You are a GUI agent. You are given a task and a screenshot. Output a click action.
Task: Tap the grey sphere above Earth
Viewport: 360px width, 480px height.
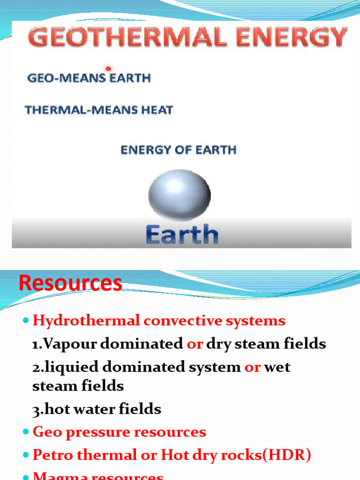pyautogui.click(x=180, y=195)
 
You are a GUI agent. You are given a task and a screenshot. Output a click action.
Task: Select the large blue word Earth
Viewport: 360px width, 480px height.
pyautogui.click(x=182, y=234)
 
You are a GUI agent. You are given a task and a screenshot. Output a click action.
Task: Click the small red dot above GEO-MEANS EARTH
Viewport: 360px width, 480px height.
pyautogui.click(x=109, y=68)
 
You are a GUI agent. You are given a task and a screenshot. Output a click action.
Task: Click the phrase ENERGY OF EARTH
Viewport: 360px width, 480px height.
pyautogui.click(x=179, y=150)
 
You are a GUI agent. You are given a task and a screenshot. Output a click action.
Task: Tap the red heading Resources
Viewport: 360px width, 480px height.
pyautogui.click(x=71, y=284)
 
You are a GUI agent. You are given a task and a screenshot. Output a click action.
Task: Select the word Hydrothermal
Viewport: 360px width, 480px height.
pyautogui.click(x=86, y=321)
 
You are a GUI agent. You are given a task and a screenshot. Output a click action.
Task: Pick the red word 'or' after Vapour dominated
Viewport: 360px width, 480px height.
pyautogui.click(x=195, y=344)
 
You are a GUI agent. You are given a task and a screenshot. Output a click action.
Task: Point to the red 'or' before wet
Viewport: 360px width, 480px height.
pyautogui.click(x=252, y=367)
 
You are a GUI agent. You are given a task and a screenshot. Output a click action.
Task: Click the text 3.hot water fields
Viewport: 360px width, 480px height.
pyautogui.click(x=97, y=409)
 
